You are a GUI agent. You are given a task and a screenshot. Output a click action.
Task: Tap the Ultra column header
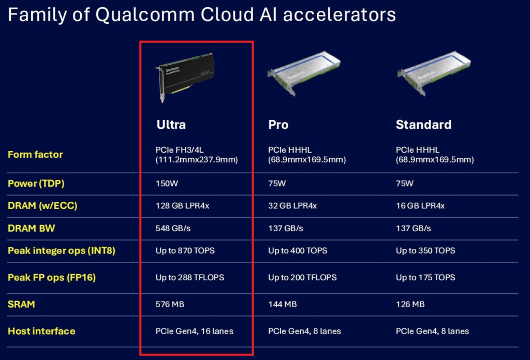click(171, 125)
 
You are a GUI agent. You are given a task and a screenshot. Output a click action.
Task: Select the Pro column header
click(278, 125)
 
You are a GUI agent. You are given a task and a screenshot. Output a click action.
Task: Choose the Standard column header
click(423, 125)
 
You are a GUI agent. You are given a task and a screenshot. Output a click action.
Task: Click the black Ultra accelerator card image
click(185, 77)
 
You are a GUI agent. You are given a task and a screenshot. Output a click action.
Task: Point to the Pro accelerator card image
click(303, 72)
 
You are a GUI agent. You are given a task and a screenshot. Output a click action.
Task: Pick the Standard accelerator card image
click(434, 72)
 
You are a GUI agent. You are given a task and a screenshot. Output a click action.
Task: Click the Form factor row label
click(35, 155)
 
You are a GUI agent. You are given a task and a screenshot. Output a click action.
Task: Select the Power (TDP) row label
click(36, 184)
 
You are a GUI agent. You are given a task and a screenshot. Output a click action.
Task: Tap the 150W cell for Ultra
click(167, 184)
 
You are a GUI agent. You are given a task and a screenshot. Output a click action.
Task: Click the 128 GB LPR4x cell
click(182, 206)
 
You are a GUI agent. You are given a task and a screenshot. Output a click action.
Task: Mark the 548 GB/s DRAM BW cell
click(173, 228)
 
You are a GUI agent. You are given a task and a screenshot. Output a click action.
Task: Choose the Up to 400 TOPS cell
click(298, 250)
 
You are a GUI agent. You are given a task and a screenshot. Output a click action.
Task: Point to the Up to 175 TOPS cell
click(425, 278)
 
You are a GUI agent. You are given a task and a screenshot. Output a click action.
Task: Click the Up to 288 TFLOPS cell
click(189, 278)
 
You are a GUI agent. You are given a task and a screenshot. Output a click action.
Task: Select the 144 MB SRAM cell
click(282, 304)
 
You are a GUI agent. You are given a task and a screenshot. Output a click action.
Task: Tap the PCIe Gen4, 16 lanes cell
click(195, 332)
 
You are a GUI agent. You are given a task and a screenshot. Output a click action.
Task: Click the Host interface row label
click(41, 332)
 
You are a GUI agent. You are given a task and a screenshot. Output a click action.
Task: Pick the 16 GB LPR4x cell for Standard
click(420, 206)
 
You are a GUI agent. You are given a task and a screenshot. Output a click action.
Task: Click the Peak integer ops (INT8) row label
click(61, 250)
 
